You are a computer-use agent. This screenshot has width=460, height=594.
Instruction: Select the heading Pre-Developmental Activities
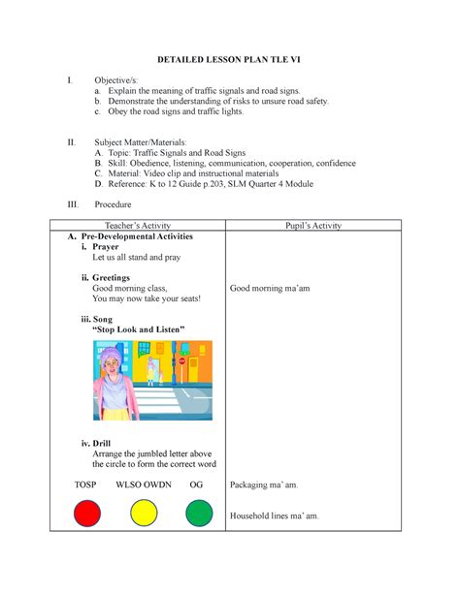(129, 236)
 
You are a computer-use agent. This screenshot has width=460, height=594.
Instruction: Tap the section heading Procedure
(115, 204)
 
